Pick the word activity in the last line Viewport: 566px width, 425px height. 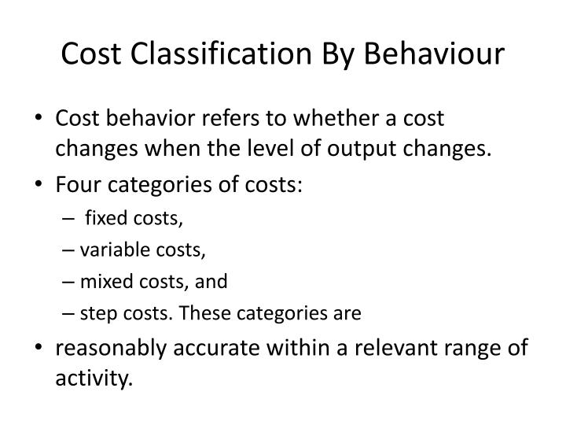pyautogui.click(x=92, y=379)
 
